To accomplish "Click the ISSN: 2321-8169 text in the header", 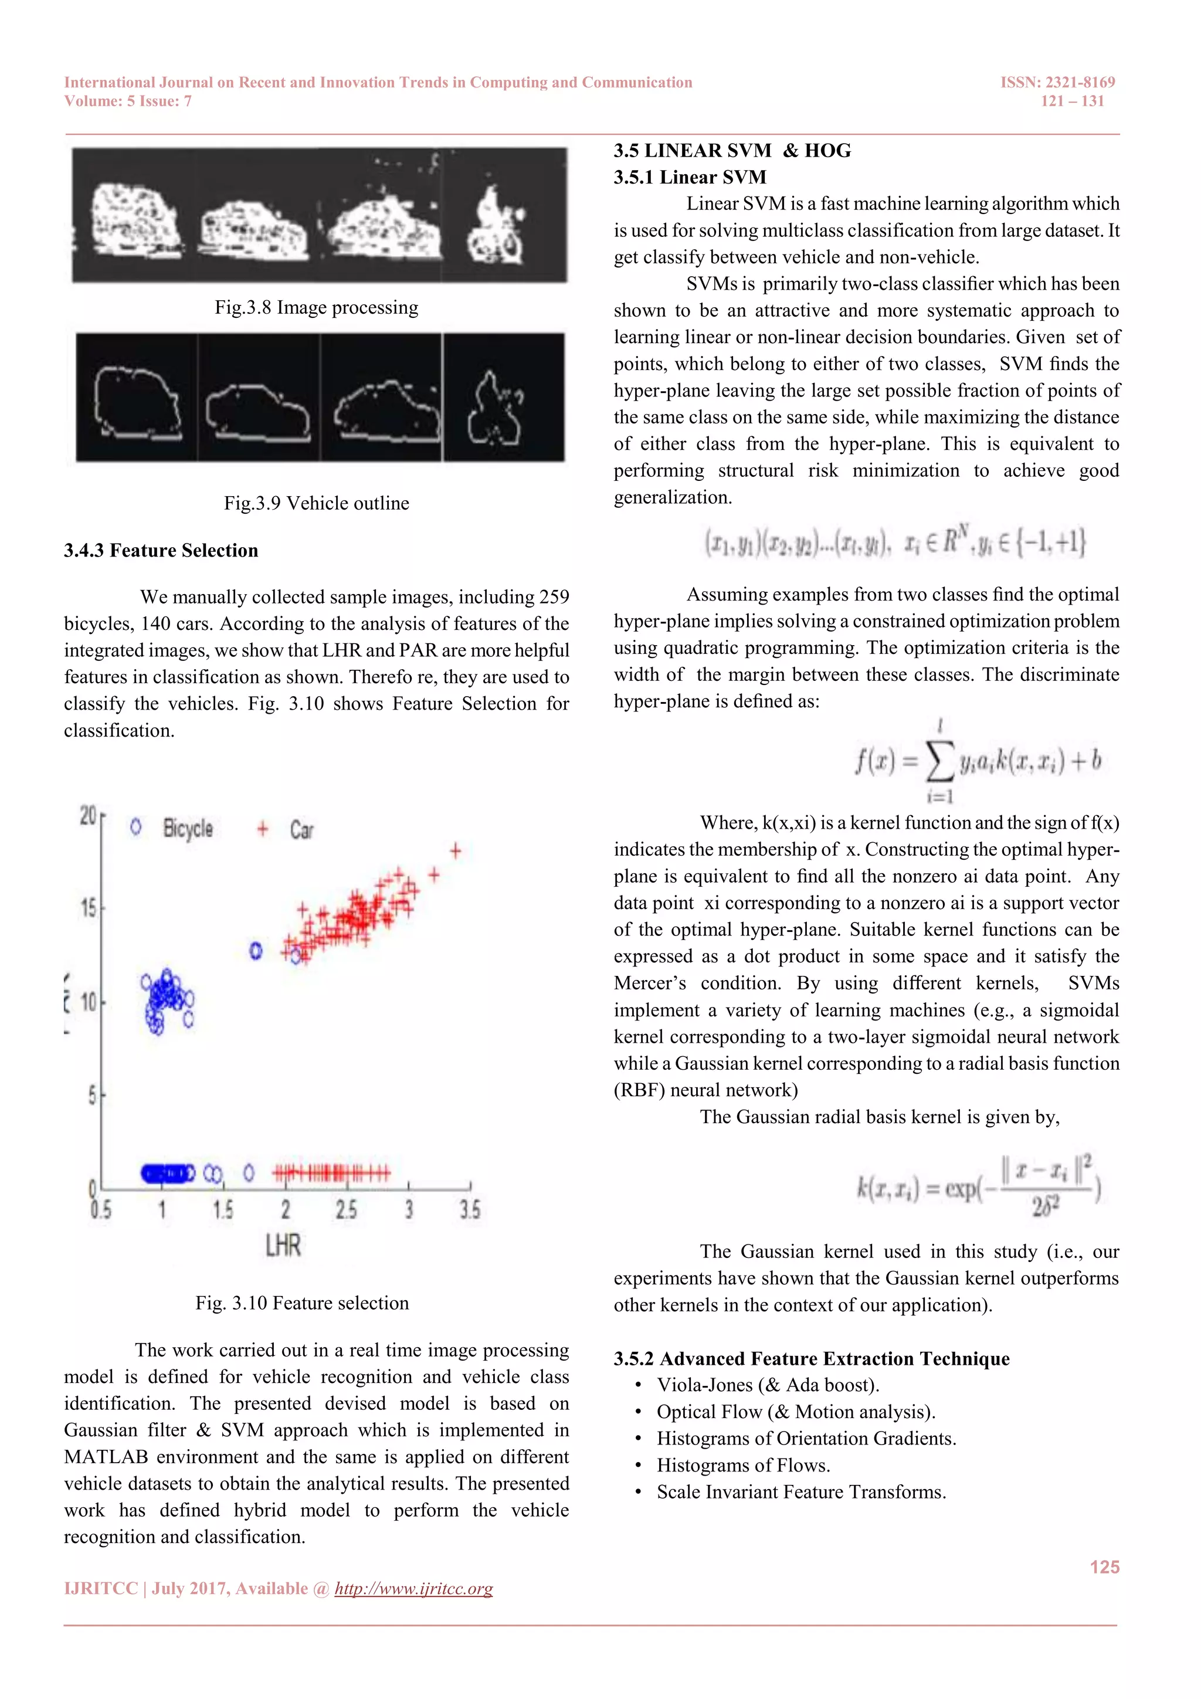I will pyautogui.click(x=1057, y=82).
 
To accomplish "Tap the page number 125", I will pyautogui.click(x=1104, y=1566).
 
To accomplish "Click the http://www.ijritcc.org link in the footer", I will pyautogui.click(x=413, y=1589).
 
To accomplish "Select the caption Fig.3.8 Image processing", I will pyautogui.click(x=316, y=307).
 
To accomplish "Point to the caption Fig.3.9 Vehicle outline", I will pyautogui.click(x=316, y=503).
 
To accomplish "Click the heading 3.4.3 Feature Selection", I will pyautogui.click(x=161, y=551).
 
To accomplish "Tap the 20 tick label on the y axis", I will pyautogui.click(x=88, y=816).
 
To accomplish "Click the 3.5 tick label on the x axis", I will pyautogui.click(x=470, y=1210).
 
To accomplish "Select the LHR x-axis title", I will pyautogui.click(x=283, y=1246).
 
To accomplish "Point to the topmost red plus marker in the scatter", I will pyautogui.click(x=456, y=851).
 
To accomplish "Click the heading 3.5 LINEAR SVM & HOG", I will pyautogui.click(x=732, y=151).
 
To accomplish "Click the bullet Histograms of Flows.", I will pyautogui.click(x=743, y=1465).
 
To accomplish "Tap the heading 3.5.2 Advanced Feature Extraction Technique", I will pyautogui.click(x=811, y=1359).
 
